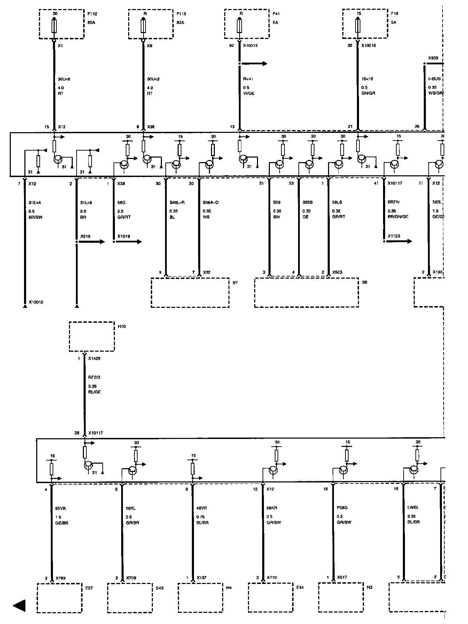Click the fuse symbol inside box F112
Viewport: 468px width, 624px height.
[54, 26]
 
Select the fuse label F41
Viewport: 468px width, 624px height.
[276, 14]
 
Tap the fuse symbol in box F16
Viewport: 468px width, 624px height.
[358, 26]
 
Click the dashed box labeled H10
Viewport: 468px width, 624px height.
[92, 336]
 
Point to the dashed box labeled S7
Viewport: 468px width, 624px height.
[190, 292]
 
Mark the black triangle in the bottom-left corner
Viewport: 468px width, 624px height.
[19, 606]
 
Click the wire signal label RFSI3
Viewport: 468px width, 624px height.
[94, 377]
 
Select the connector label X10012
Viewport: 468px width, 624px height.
[36, 302]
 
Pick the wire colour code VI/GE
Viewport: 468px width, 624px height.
[249, 94]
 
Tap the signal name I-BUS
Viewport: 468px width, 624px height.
[434, 79]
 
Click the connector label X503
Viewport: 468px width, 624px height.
[337, 272]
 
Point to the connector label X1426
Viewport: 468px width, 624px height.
[94, 358]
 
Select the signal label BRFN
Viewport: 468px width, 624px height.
[393, 202]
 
